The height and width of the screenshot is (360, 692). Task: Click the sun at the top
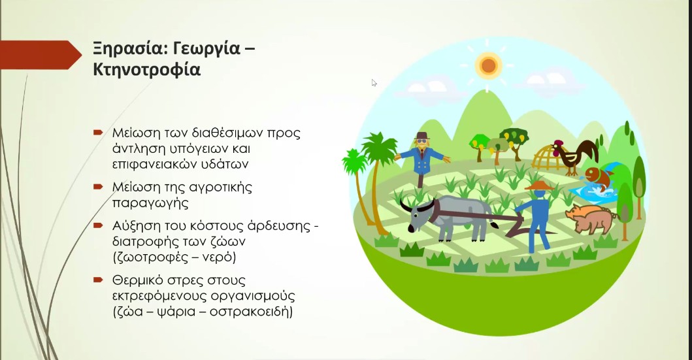(487, 64)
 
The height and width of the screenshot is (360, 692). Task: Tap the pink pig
(592, 218)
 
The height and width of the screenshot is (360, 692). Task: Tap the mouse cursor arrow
(374, 82)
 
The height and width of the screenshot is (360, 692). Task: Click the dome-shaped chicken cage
(548, 159)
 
